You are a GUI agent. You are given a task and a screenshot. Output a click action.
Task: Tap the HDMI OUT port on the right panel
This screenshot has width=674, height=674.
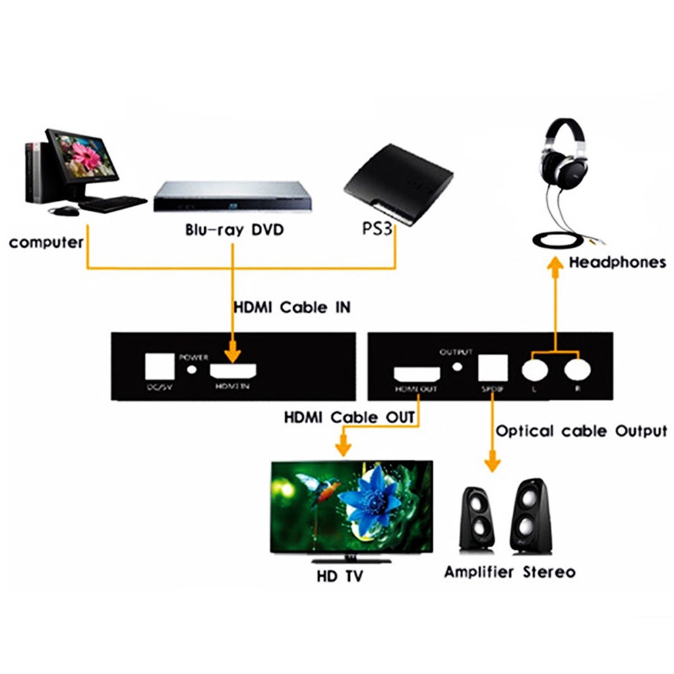tap(417, 374)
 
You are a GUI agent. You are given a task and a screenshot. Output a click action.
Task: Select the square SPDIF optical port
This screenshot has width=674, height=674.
tap(491, 369)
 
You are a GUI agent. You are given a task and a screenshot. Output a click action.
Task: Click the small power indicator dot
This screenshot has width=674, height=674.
tap(195, 369)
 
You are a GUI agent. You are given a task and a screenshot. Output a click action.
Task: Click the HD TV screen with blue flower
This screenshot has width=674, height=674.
tap(350, 506)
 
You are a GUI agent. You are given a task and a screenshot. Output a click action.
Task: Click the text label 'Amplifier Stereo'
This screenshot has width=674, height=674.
tap(510, 572)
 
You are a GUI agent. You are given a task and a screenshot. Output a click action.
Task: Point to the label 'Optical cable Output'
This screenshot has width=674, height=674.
tap(581, 431)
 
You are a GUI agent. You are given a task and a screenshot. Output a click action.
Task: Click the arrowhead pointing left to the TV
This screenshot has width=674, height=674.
tap(342, 446)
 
